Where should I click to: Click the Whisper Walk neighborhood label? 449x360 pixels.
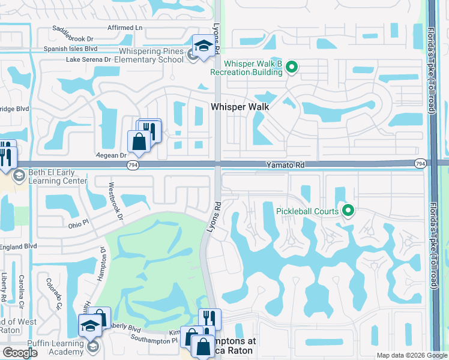tap(240, 106)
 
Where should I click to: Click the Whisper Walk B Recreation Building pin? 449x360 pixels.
tap(292, 66)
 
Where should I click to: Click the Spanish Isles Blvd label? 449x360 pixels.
tap(70, 49)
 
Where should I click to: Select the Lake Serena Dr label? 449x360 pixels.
tap(88, 59)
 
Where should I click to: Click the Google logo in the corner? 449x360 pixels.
tap(20, 353)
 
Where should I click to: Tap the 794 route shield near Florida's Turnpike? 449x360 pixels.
tap(420, 163)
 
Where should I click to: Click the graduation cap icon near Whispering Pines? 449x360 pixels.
tap(203, 46)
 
